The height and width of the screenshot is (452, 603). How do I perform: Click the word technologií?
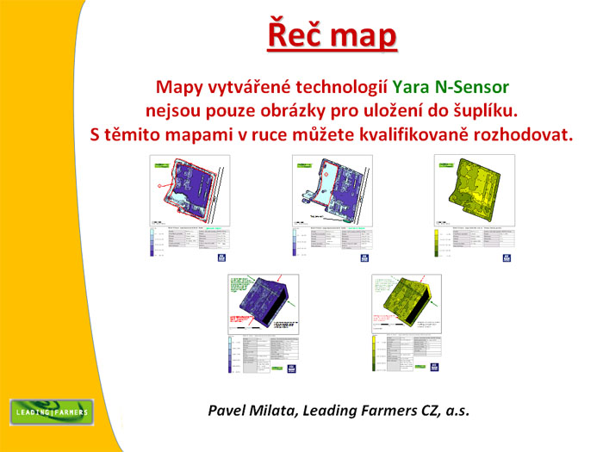(341, 87)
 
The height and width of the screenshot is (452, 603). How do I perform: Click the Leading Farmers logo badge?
(51, 412)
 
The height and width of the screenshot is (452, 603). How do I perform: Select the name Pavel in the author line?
(227, 412)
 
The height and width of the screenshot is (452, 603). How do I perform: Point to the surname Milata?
(276, 412)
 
